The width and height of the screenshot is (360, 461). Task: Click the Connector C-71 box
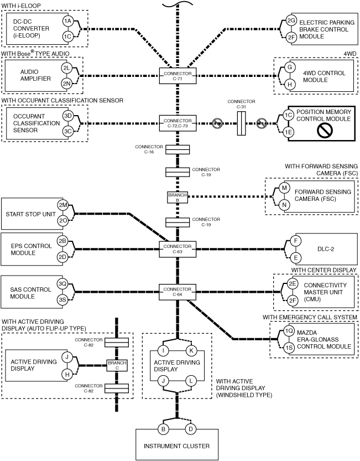point(178,76)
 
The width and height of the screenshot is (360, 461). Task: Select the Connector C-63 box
point(178,249)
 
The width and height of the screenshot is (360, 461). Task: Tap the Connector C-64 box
point(178,292)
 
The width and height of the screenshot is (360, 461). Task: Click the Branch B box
point(178,197)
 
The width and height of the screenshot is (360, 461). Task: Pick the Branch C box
point(117,365)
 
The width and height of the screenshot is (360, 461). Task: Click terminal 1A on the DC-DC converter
point(68,21)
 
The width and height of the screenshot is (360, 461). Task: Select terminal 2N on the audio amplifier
point(66,83)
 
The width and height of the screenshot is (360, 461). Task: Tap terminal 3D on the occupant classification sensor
point(68,116)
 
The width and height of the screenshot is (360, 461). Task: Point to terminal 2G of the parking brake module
point(291,20)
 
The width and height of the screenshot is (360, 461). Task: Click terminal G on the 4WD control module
point(290,68)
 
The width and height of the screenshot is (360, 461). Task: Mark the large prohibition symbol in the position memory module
point(325,130)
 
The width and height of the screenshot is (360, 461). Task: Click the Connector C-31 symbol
point(241,123)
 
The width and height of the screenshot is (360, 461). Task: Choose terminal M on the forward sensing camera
point(284,188)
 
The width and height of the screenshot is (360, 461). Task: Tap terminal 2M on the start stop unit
point(63,205)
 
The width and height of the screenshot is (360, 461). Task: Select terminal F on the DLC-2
point(296,241)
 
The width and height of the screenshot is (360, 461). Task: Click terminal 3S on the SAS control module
point(62,300)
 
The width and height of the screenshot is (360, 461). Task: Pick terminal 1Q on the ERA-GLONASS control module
point(289,331)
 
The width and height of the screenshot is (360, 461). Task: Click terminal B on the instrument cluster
point(163,429)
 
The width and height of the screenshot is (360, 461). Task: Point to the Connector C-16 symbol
point(178,149)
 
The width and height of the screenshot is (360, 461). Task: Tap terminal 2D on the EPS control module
point(62,257)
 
